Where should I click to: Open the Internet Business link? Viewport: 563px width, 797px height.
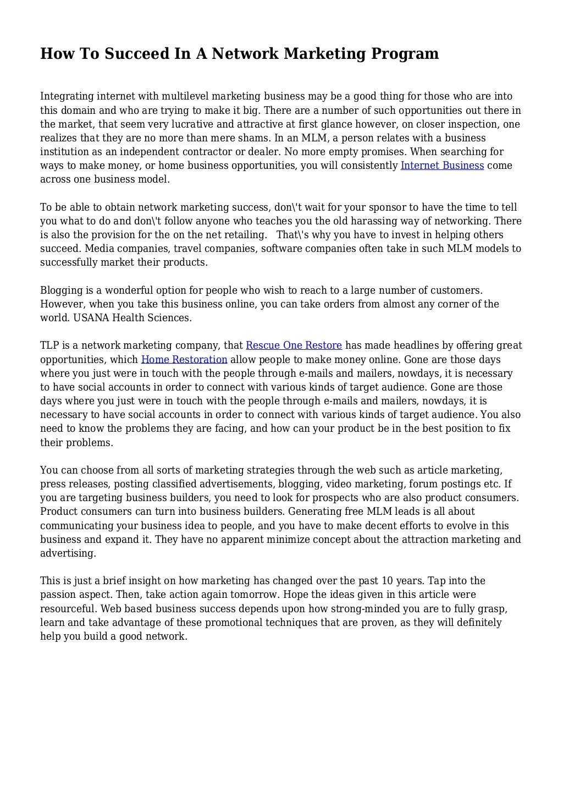[442, 166]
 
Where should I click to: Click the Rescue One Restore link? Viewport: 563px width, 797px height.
[294, 345]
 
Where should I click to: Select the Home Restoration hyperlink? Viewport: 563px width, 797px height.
[184, 360]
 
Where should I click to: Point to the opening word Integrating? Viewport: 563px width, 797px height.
[67, 96]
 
